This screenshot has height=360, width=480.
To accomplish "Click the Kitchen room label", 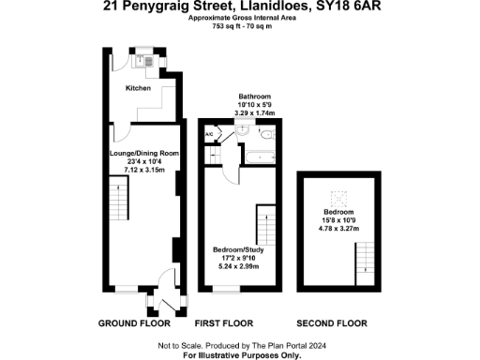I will [138, 88].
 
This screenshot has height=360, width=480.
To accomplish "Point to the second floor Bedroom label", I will [339, 212].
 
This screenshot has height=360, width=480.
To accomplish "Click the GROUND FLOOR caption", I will [134, 323].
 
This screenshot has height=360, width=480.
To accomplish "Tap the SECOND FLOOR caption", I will [339, 323].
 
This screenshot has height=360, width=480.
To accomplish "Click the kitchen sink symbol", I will [149, 62].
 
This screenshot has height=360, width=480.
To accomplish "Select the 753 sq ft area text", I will [226, 26].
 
